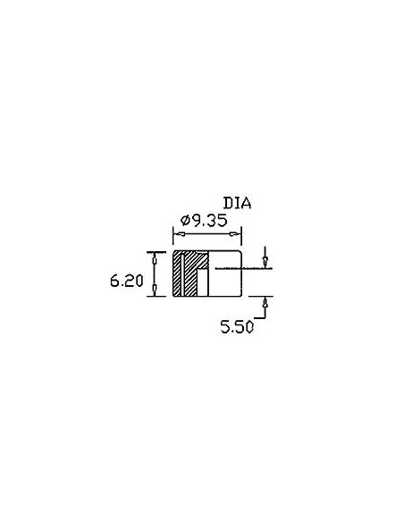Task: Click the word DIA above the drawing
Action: coord(237,203)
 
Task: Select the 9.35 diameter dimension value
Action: coord(208,221)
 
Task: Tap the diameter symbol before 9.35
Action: coord(185,221)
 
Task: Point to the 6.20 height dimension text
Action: coord(126,281)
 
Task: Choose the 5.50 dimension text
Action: coord(237,326)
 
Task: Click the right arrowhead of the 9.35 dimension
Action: coord(235,233)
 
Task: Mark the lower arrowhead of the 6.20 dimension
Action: coord(154,290)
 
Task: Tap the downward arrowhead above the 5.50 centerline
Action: coord(265,262)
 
